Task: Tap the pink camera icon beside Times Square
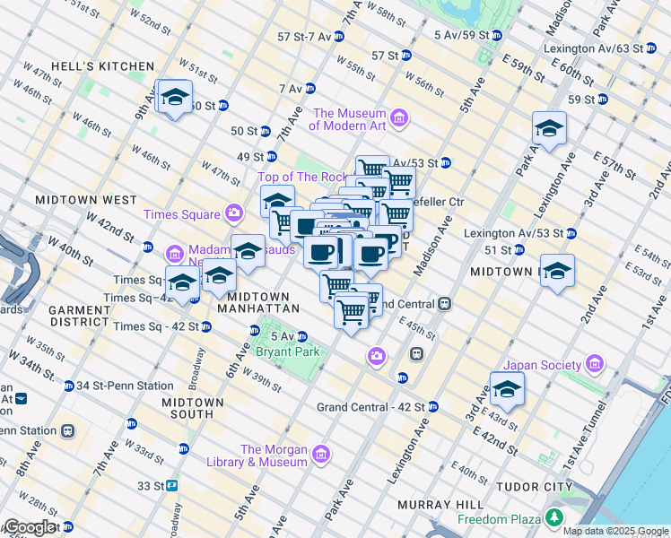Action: point(234,213)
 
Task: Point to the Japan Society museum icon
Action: point(594,364)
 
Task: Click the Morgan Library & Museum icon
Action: point(321,456)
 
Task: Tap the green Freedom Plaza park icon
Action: point(554,518)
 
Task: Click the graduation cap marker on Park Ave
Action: point(549,129)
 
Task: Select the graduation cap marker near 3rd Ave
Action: point(507,388)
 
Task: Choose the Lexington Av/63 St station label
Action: point(593,48)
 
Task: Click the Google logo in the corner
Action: point(30,527)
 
